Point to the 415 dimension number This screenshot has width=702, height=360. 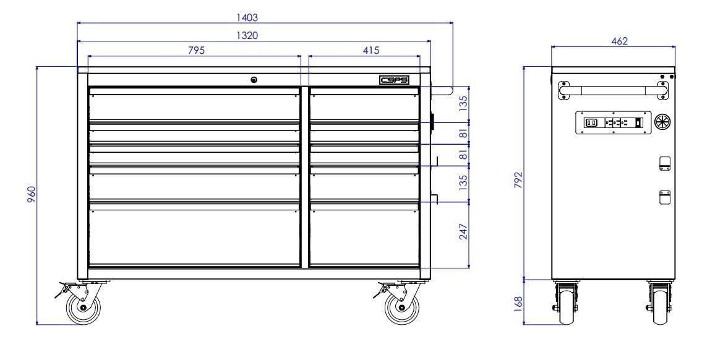tap(370, 49)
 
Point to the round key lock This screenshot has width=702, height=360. tap(254, 79)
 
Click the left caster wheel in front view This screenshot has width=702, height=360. tap(83, 308)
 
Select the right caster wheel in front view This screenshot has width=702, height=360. tap(402, 308)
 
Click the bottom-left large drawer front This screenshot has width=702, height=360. tap(194, 236)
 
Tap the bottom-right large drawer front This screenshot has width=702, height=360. tap(364, 236)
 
